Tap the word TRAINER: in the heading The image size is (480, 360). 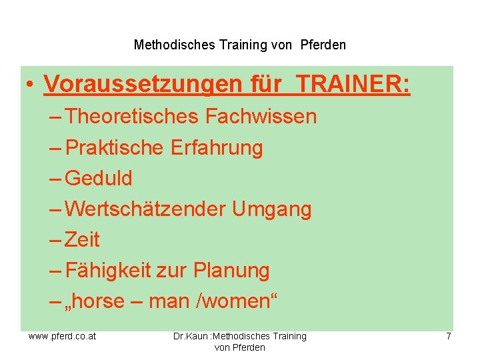coord(353,85)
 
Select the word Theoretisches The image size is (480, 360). coord(133,117)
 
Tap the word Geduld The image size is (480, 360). coord(100,178)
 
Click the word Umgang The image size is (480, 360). coord(272,209)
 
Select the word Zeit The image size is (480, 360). coord(83,239)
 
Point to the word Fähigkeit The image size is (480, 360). coord(110,270)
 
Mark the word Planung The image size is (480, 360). coord(231,270)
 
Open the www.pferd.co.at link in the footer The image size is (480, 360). coord(62,336)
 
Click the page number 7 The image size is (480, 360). coord(449,336)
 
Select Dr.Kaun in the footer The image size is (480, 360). coord(189,336)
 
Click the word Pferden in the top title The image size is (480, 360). coord(323,45)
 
